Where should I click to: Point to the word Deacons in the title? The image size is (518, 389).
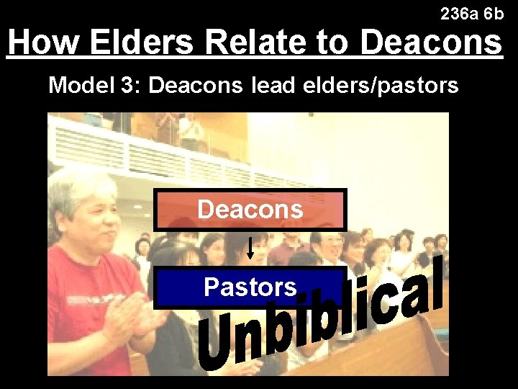point(430,43)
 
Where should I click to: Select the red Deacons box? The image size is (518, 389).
point(250,210)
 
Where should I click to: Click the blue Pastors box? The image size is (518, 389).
point(250,287)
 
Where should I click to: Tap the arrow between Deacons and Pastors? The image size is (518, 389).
point(250,249)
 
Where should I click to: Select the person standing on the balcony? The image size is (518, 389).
point(191,133)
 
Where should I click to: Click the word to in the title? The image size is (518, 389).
point(331,43)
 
